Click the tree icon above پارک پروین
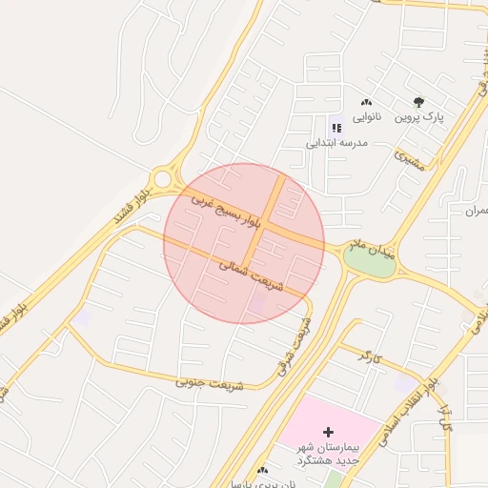pos(418,102)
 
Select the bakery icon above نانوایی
pos(367,103)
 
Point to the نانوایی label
pos(367,118)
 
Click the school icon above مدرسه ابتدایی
pos(335,127)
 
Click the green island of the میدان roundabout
pos(369,262)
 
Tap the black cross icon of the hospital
pos(329,433)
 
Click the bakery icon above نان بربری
pos(262,470)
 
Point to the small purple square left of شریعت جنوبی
pos(83,318)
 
